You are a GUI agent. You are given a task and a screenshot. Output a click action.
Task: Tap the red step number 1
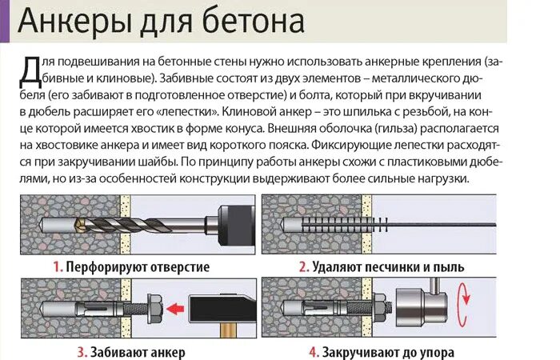[x=58, y=266]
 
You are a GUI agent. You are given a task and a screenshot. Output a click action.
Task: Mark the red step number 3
[x=82, y=351]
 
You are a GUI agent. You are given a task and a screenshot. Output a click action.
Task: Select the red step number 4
[x=313, y=351]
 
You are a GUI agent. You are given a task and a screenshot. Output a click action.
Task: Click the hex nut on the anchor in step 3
[x=154, y=308]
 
